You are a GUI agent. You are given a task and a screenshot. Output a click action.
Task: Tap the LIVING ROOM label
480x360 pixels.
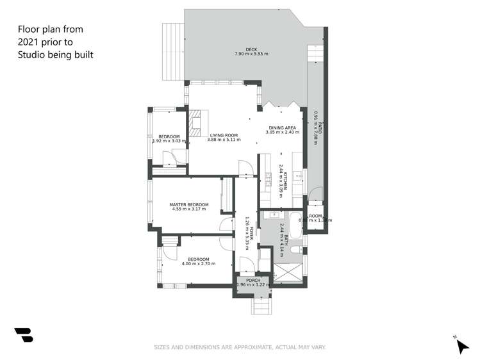(x=224, y=135)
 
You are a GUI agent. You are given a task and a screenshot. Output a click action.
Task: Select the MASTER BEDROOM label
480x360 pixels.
(x=189, y=204)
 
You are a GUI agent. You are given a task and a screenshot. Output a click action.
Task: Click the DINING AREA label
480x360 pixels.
(x=283, y=127)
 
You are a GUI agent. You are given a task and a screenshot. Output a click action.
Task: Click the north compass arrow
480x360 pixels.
(x=461, y=345)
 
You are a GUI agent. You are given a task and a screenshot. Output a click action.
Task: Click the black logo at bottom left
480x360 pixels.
(x=23, y=335)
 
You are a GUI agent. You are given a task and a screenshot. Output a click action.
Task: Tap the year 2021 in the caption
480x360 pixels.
(x=28, y=42)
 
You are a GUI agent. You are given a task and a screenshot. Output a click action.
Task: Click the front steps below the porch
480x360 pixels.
(x=260, y=307)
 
